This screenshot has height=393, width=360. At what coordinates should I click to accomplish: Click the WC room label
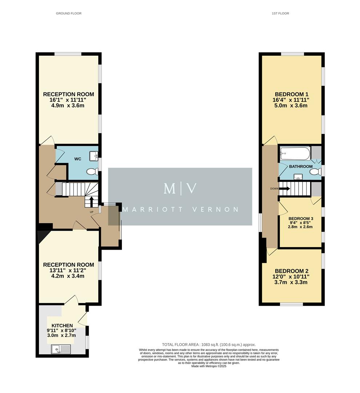tap(77, 159)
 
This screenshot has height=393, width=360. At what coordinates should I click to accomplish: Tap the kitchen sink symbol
tap(60, 350)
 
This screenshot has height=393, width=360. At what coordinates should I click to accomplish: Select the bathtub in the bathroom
tap(295, 154)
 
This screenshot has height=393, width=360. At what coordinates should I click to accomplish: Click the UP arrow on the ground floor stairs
tap(91, 201)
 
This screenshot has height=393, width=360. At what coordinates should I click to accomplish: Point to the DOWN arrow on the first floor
tap(284, 188)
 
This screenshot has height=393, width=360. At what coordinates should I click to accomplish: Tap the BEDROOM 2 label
tap(292, 271)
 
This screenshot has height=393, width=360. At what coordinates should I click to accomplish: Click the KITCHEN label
tap(62, 325)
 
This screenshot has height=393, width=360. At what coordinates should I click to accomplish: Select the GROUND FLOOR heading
tap(69, 13)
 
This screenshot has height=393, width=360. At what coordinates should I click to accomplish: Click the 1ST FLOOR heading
tap(280, 13)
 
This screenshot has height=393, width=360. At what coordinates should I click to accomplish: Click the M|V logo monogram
tap(180, 188)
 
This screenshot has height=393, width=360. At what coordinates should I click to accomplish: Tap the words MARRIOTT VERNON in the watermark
tap(180, 210)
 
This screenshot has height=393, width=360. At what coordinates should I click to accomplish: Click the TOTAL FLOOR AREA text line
tap(209, 345)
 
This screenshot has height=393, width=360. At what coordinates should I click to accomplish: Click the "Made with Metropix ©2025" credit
tap(209, 366)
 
